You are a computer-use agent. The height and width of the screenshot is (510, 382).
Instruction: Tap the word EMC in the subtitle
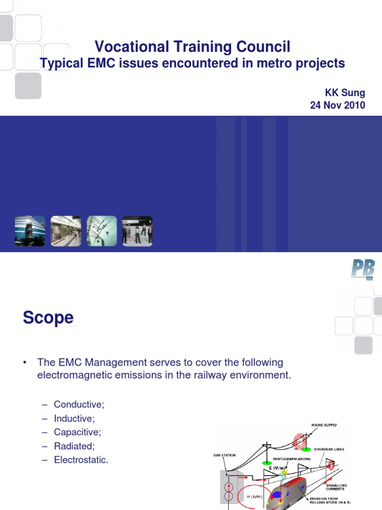click(x=101, y=63)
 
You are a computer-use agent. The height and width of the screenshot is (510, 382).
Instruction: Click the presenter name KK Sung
click(x=345, y=93)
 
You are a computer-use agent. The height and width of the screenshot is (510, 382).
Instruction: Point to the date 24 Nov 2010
click(x=337, y=105)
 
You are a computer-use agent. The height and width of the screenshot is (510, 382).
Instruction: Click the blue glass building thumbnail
click(x=30, y=231)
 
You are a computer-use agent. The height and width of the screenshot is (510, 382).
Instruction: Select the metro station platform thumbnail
click(x=66, y=231)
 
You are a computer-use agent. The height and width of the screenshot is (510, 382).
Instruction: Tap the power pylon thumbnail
click(x=102, y=231)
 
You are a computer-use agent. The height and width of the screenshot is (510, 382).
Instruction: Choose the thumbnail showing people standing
click(x=137, y=231)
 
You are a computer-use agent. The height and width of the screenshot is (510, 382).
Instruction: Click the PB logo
click(x=362, y=270)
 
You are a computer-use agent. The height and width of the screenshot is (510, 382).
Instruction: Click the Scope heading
click(x=48, y=317)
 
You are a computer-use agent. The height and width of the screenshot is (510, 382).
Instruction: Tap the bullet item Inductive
click(x=74, y=418)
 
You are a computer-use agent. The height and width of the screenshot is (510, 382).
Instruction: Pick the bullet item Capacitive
click(x=77, y=432)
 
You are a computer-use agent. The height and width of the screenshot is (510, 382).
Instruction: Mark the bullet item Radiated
click(x=74, y=446)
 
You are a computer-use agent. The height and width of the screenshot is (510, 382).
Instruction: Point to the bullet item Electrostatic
click(x=81, y=460)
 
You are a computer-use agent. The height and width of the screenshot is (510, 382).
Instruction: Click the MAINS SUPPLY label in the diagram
click(x=324, y=425)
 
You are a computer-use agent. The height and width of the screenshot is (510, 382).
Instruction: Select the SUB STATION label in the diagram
click(x=225, y=455)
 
